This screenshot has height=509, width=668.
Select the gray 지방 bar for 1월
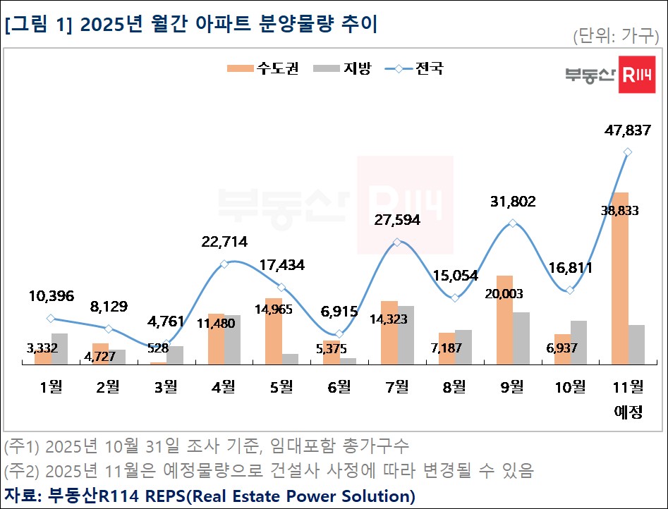[x=60, y=349]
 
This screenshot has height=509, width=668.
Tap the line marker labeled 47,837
[x=628, y=152]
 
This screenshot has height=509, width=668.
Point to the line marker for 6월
[x=339, y=333]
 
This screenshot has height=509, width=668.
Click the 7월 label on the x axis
[x=397, y=386]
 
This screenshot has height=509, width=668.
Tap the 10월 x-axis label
[x=570, y=386]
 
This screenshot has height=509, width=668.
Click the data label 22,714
[x=224, y=243]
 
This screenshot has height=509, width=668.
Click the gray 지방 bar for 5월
[x=290, y=359]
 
